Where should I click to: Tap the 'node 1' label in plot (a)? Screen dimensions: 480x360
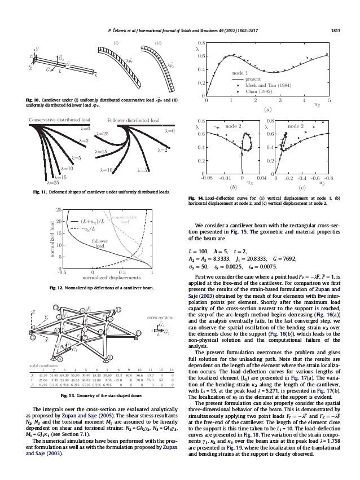[240, 73]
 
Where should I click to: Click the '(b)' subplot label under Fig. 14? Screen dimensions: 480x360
[232, 186]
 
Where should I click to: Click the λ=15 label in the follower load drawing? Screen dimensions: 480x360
[102, 152]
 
